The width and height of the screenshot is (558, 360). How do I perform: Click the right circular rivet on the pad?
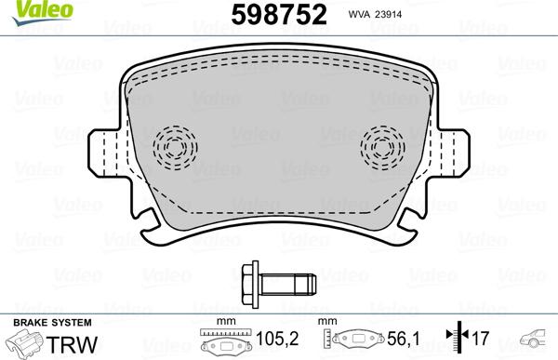pyautogui.click(x=381, y=145)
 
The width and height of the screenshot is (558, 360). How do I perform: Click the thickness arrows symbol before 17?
pyautogui.click(x=456, y=341)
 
